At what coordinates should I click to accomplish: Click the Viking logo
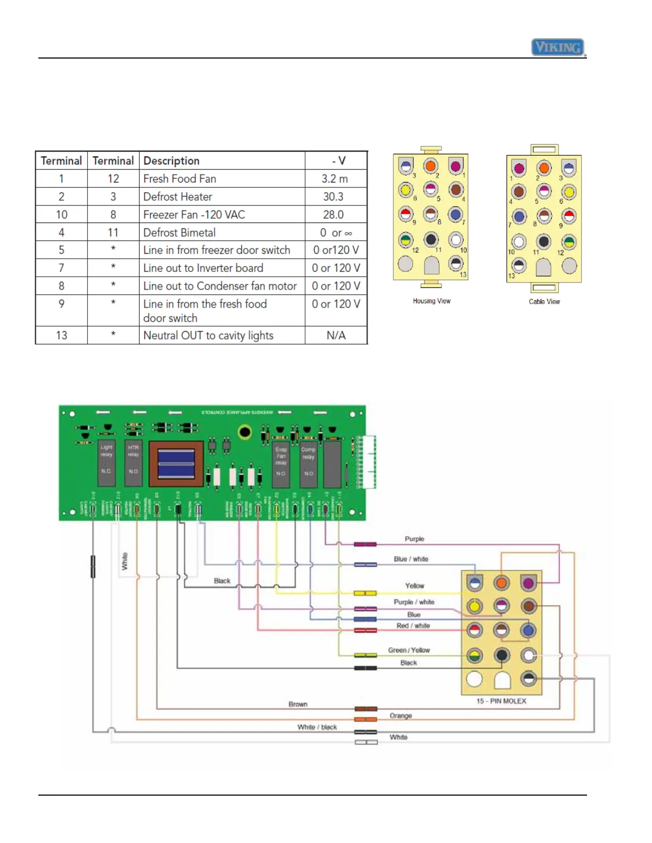pos(558,47)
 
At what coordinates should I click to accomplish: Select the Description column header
pos(172,161)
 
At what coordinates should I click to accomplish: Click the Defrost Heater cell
pos(178,197)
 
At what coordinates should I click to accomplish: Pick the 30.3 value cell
pos(333,197)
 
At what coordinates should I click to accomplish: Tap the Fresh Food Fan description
pos(180,179)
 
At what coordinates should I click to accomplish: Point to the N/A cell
pos(336,335)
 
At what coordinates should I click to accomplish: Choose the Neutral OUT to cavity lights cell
pos(208,335)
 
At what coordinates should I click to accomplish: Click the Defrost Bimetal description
pos(180,233)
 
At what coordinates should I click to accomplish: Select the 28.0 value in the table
pos(333,214)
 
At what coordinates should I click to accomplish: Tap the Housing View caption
pos(431,301)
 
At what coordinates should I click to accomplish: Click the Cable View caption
pos(544,302)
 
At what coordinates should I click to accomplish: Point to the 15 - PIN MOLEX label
pos(501,701)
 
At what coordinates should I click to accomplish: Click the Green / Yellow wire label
pos(409,650)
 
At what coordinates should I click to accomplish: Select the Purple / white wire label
pos(414,602)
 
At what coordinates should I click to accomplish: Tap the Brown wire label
pos(298,704)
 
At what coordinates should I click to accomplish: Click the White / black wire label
pos(317,727)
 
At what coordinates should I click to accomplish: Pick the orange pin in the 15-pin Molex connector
pos(501,583)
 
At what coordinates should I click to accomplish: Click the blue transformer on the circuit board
pos(176,463)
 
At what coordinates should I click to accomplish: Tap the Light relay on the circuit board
pos(107,462)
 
